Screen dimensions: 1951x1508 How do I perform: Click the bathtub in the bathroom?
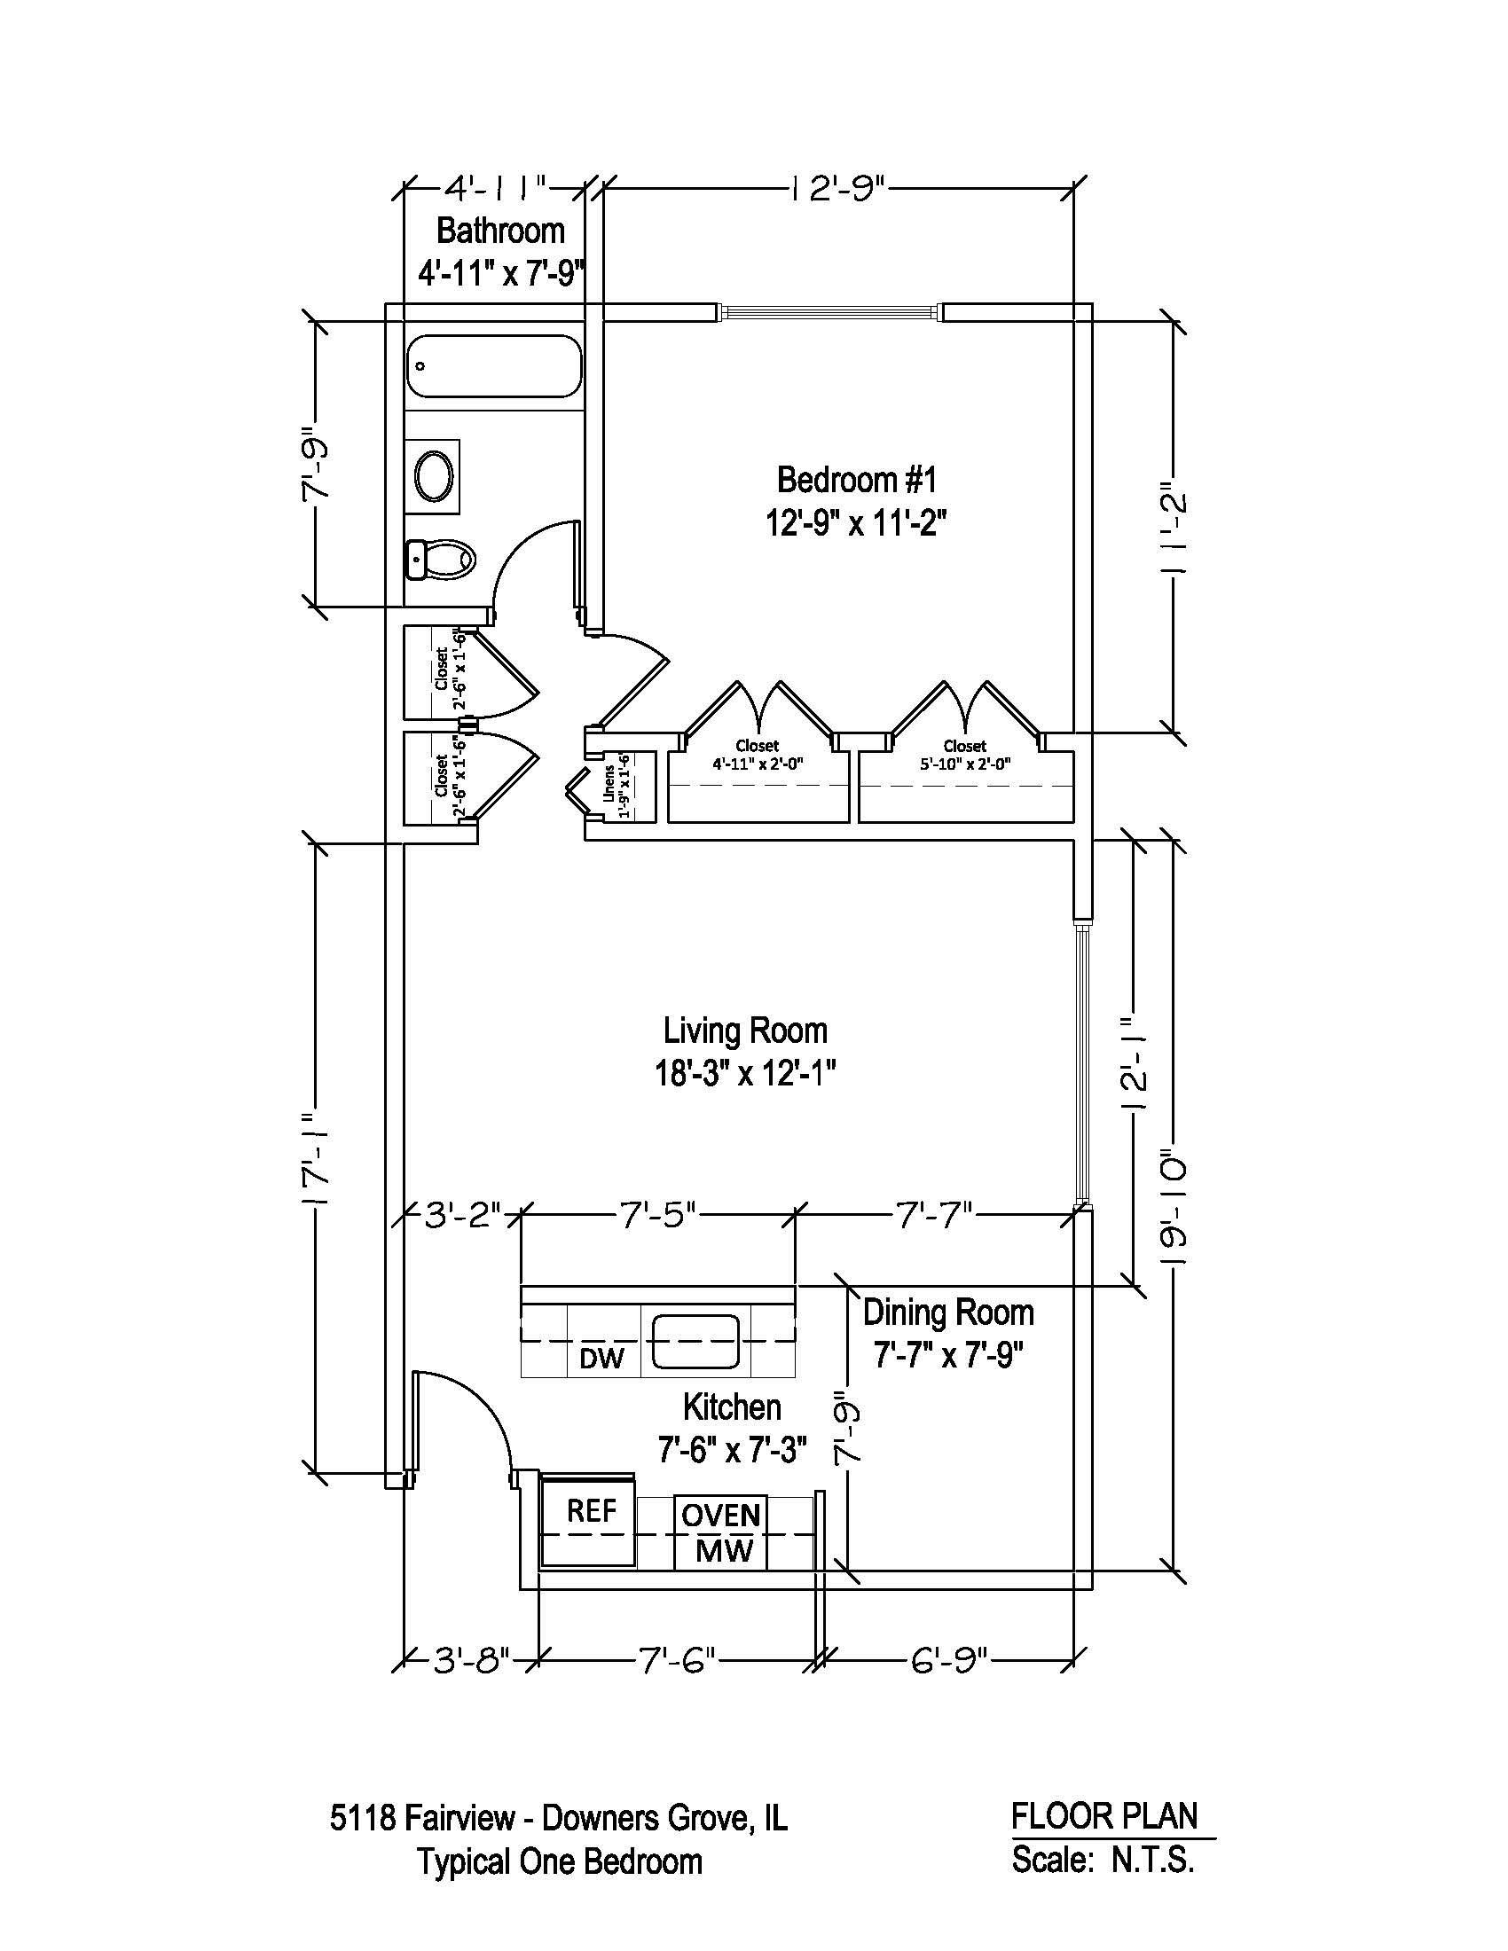click(x=493, y=366)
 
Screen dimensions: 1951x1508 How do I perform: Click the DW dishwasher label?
click(x=601, y=1359)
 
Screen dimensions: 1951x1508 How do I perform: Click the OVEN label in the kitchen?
click(x=720, y=1515)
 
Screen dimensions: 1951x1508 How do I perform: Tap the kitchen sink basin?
click(x=695, y=1341)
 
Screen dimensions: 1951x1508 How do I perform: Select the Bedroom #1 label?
click(x=856, y=481)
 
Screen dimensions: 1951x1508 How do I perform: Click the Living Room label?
click(x=745, y=1030)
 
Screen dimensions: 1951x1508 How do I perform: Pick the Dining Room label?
click(x=948, y=1312)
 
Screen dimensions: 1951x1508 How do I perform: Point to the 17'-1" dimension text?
click(x=315, y=1160)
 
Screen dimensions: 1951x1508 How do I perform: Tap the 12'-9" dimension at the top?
click(x=836, y=190)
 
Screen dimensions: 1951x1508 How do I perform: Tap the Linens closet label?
click(x=617, y=789)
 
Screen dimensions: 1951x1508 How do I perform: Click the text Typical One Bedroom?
click(x=560, y=1862)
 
